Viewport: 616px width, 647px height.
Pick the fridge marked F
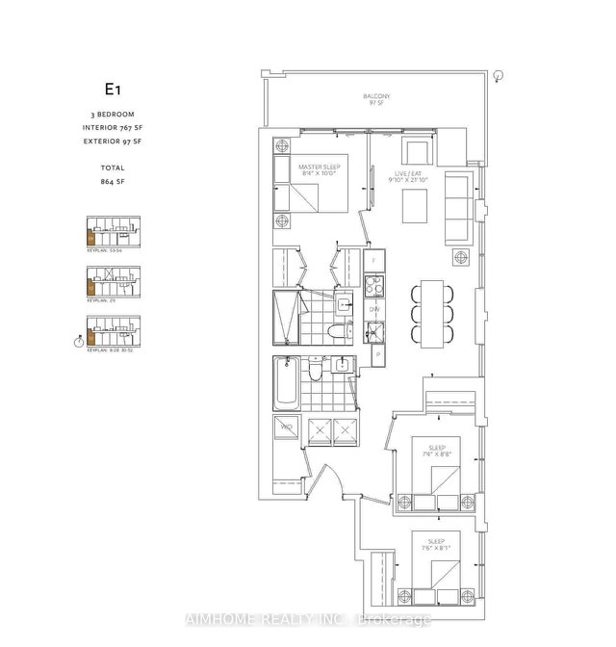[373, 261]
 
